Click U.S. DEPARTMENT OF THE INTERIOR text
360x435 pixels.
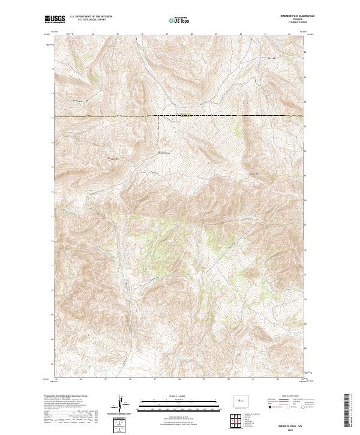[x=91, y=17]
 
